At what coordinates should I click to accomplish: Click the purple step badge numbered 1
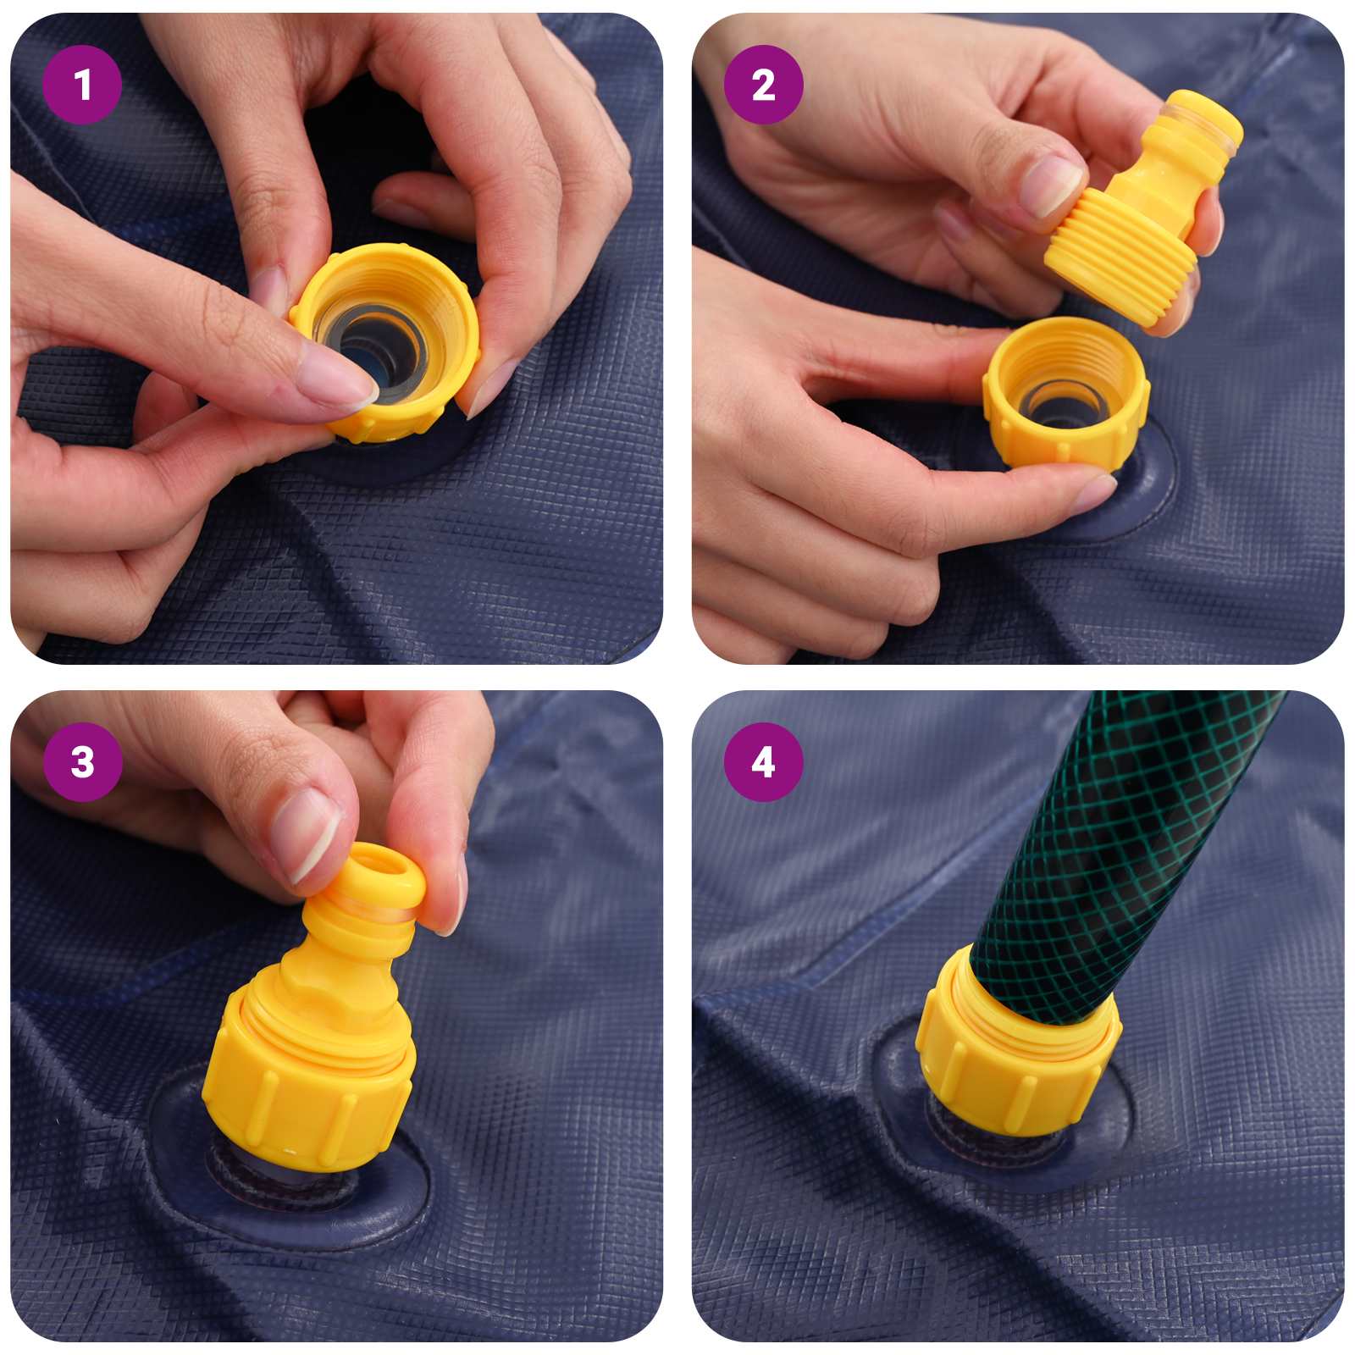coord(82,85)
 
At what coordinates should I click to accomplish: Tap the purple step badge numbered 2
coord(763,85)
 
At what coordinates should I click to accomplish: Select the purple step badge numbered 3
coord(82,762)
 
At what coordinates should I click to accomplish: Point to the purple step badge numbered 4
coord(763,762)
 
